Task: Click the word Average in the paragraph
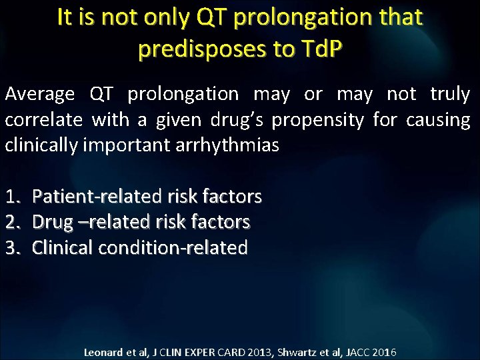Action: pos(41,95)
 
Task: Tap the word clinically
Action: pos(45,145)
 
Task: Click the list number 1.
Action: pos(13,197)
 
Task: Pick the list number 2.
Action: pos(13,222)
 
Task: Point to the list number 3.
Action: pos(13,247)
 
